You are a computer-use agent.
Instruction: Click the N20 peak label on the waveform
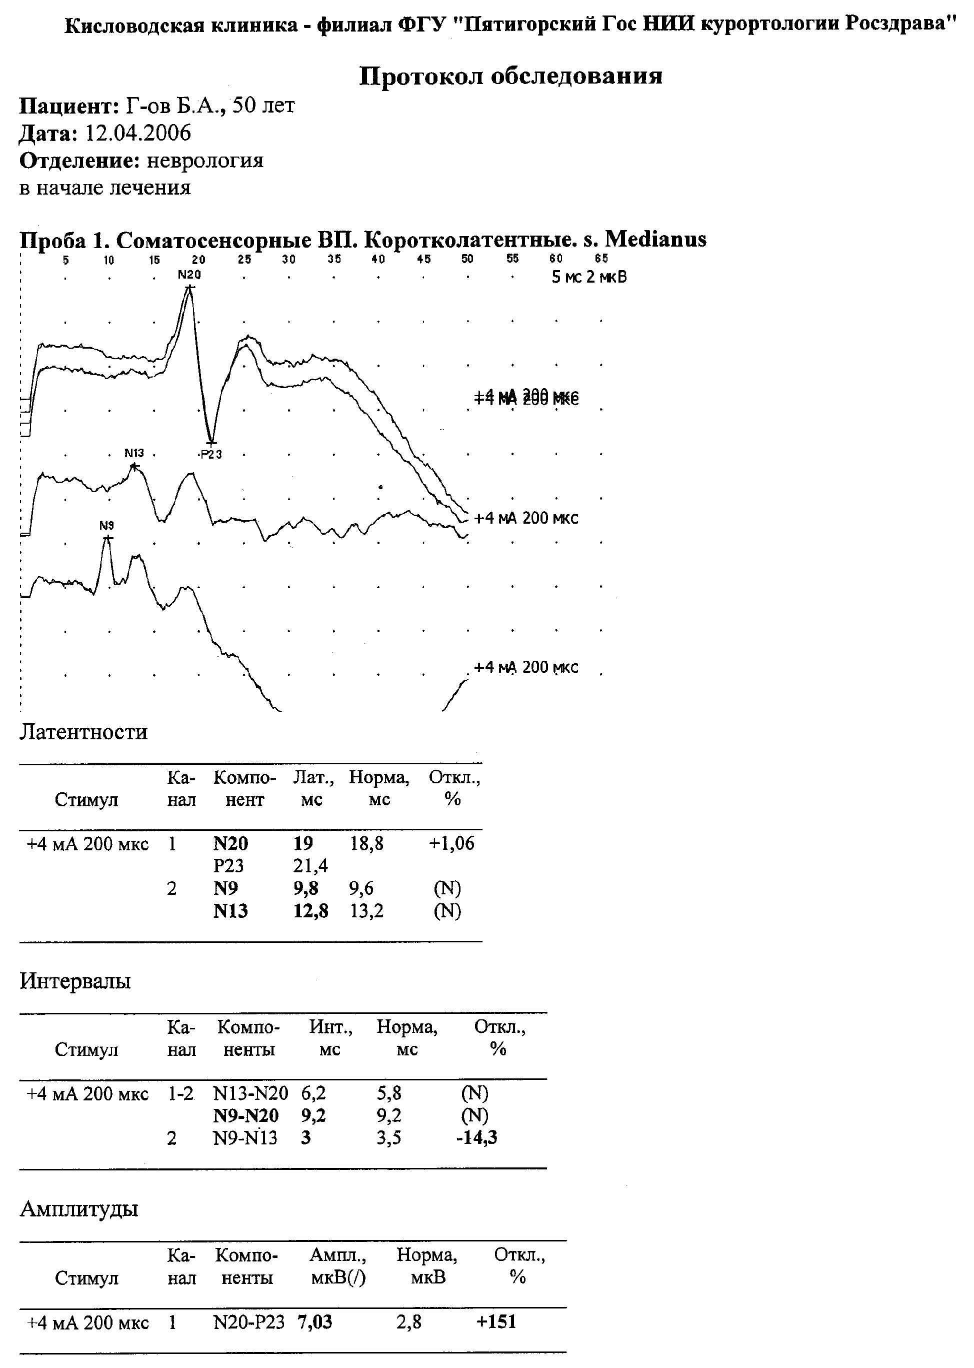pyautogui.click(x=189, y=275)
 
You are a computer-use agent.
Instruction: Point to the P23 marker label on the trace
pyautogui.click(x=211, y=454)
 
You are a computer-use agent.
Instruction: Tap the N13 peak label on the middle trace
pyautogui.click(x=134, y=453)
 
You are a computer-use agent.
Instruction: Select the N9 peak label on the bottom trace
pyautogui.click(x=107, y=526)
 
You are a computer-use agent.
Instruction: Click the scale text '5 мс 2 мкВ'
pyautogui.click(x=589, y=277)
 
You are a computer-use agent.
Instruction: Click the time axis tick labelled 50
pyautogui.click(x=467, y=259)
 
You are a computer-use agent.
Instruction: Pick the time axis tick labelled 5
pyautogui.click(x=66, y=260)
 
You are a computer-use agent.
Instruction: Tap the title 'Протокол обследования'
pyautogui.click(x=511, y=76)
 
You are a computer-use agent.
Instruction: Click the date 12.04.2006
pyautogui.click(x=138, y=133)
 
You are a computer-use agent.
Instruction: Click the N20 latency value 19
pyautogui.click(x=303, y=844)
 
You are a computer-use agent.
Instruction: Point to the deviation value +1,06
pyautogui.click(x=451, y=844)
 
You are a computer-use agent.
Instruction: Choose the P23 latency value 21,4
pyautogui.click(x=310, y=866)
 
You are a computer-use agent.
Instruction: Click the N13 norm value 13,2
pyautogui.click(x=366, y=911)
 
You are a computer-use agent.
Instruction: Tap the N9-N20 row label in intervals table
pyautogui.click(x=246, y=1115)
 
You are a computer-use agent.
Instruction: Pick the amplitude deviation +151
pyautogui.click(x=496, y=1322)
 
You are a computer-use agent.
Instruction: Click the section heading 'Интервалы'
pyautogui.click(x=75, y=981)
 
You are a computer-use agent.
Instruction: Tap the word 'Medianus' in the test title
pyautogui.click(x=655, y=240)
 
